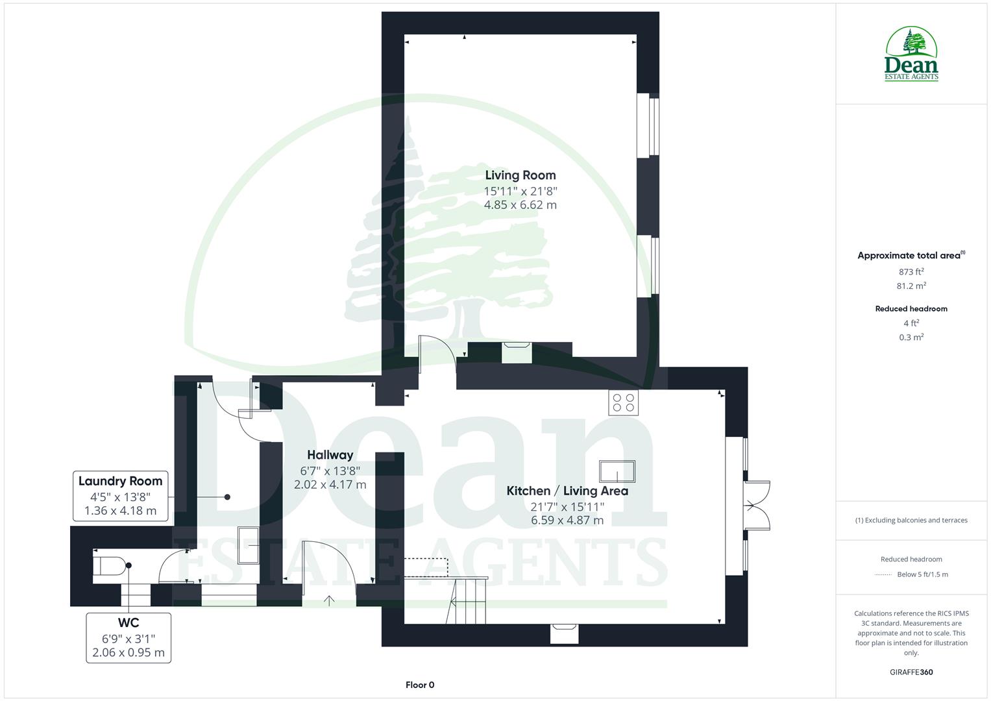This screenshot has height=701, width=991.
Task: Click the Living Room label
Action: click(520, 175)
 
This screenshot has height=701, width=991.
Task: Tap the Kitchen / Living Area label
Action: click(567, 491)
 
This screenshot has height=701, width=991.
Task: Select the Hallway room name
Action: click(330, 455)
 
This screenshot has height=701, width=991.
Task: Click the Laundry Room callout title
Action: click(120, 481)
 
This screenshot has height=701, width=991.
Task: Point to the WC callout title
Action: click(129, 624)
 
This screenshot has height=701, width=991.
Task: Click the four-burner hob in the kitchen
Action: click(623, 402)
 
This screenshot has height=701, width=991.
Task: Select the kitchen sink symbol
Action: click(617, 471)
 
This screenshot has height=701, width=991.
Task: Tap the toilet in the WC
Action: click(108, 565)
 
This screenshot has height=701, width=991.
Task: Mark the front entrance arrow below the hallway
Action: click(329, 600)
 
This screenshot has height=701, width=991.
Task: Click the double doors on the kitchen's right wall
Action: click(756, 506)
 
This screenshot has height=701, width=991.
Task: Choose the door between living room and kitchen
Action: click(436, 354)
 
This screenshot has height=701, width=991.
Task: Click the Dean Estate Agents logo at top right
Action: click(911, 55)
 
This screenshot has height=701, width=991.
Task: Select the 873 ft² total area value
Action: click(911, 272)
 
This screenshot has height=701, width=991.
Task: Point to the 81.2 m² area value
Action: click(911, 286)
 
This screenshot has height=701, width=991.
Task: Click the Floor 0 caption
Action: click(419, 685)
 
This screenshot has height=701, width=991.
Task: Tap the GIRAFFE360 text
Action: click(911, 672)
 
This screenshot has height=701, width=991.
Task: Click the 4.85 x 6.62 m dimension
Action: click(520, 205)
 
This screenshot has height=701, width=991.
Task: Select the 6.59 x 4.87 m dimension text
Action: click(567, 521)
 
